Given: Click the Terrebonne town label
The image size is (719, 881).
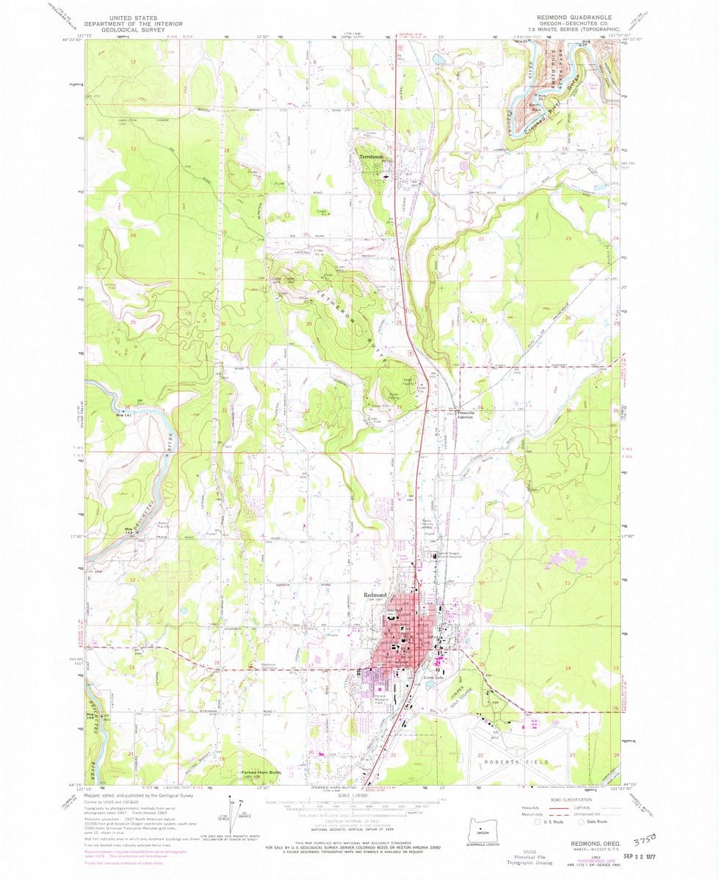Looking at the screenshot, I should [369, 157].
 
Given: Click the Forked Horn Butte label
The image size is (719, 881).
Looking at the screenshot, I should [261, 773].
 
